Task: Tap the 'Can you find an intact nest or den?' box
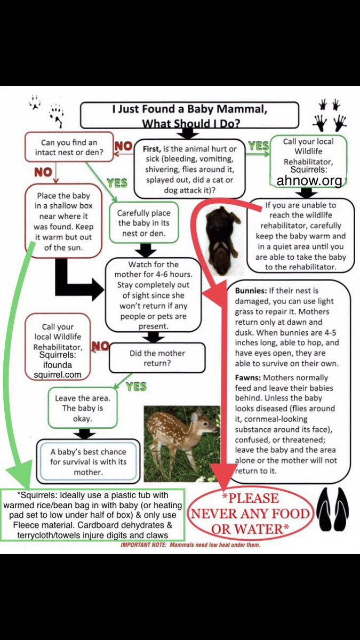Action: coord(69,147)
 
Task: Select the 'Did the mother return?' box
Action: coord(157,357)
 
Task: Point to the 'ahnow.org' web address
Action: coord(309,181)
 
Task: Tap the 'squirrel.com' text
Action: coord(58,374)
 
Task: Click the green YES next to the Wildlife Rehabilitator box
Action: coord(258,146)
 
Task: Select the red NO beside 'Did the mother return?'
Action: coord(100,346)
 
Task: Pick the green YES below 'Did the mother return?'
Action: coord(137,386)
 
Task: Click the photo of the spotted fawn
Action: coord(181,443)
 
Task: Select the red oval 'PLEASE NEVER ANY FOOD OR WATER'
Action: coord(250,513)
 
